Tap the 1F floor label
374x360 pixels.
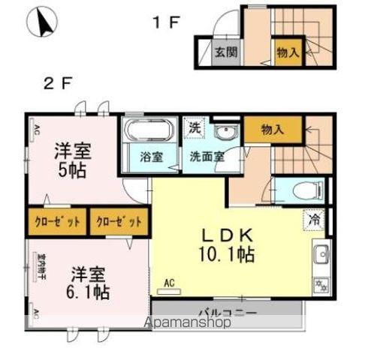(166, 22)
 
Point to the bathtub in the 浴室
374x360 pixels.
(148, 133)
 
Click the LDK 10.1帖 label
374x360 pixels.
(225, 244)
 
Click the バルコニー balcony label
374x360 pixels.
(228, 311)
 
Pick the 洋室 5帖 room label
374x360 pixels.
(71, 160)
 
